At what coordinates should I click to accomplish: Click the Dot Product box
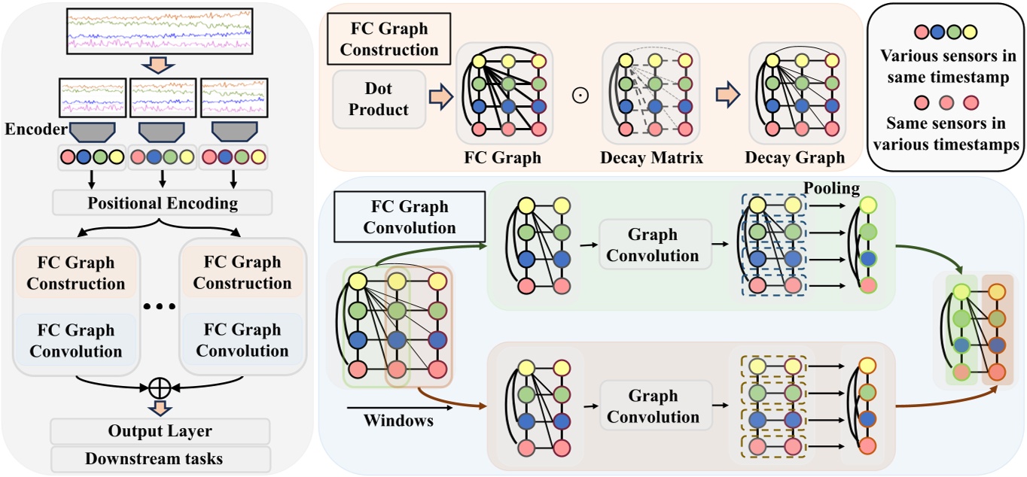point(379,99)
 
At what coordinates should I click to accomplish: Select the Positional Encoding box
point(163,203)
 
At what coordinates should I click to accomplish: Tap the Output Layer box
point(160,431)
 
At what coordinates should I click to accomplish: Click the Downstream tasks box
point(160,458)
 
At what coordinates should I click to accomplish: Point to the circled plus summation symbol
point(159,389)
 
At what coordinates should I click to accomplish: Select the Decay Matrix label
point(651,158)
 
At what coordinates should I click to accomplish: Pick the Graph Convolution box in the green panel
point(653,245)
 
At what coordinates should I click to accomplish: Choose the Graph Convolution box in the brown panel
point(653,406)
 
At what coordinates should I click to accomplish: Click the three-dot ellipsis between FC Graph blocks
point(159,307)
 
